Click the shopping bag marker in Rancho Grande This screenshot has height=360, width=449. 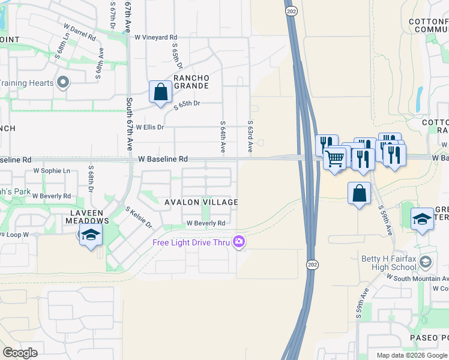coord(160,92)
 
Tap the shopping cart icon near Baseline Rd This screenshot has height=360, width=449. coord(336,158)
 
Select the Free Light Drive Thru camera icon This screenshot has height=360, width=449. coord(239,242)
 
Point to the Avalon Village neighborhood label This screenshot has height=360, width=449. coord(201,203)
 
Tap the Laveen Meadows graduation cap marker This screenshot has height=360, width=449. coord(91,234)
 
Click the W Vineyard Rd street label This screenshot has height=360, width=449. coord(155,37)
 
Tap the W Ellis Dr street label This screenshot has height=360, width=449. coord(149,127)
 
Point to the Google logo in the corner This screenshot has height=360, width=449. coord(20,353)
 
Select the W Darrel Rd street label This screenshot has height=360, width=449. coord(80,32)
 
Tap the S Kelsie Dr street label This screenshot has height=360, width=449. coord(139,218)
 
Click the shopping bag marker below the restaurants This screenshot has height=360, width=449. coord(359,193)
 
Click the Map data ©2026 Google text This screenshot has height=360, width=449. coord(412,355)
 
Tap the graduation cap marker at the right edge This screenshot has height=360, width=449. coord(422,219)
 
